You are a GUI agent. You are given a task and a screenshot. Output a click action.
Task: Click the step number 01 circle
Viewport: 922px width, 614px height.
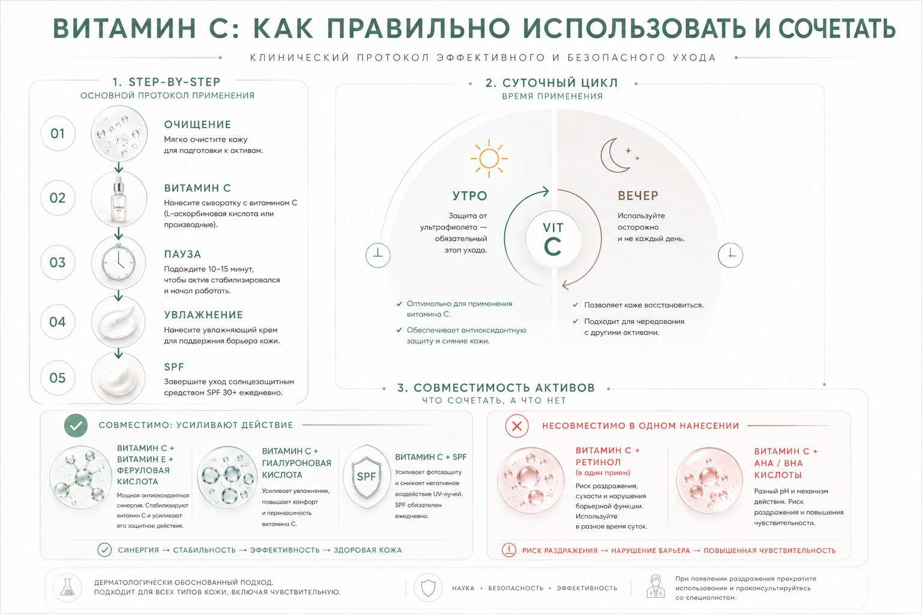point(58,133)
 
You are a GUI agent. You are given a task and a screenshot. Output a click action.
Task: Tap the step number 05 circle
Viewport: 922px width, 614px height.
point(58,378)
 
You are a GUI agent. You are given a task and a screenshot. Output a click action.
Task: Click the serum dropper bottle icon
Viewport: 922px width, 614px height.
point(118,199)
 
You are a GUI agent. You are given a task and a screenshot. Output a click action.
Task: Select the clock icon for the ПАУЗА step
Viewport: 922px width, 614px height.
point(118,263)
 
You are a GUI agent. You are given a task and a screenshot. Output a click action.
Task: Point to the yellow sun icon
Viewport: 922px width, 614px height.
point(489,158)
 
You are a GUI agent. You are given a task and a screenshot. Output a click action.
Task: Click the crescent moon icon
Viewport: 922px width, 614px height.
point(618,155)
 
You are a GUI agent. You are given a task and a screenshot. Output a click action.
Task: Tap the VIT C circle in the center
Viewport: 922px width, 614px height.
point(553,239)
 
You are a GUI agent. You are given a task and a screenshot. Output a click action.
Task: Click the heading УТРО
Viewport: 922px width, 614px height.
point(469,195)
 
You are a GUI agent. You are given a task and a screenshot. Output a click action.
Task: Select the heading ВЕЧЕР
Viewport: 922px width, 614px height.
point(638,195)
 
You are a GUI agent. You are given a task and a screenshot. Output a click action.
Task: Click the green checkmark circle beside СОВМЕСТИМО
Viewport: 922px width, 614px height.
point(76,425)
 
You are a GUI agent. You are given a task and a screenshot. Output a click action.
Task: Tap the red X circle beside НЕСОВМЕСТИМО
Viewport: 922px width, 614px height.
point(517,426)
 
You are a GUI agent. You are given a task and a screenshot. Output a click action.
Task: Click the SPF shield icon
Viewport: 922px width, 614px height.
point(366,477)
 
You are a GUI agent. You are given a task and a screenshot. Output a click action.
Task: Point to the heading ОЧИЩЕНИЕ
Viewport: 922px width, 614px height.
point(197,124)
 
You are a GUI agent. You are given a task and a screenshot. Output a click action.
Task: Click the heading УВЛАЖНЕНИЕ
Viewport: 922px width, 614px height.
point(203,315)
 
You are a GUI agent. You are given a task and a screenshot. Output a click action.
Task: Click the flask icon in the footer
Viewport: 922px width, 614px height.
point(67,587)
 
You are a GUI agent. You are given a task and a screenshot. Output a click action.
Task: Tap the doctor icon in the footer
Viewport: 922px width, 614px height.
point(655,586)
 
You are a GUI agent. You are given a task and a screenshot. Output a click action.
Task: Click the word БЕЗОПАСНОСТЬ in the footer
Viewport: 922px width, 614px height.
point(516,588)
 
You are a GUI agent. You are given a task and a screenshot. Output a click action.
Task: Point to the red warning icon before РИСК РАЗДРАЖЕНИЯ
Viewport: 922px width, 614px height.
point(509,550)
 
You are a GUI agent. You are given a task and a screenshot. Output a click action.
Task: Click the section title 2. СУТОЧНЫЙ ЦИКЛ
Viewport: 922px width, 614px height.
point(552,83)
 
